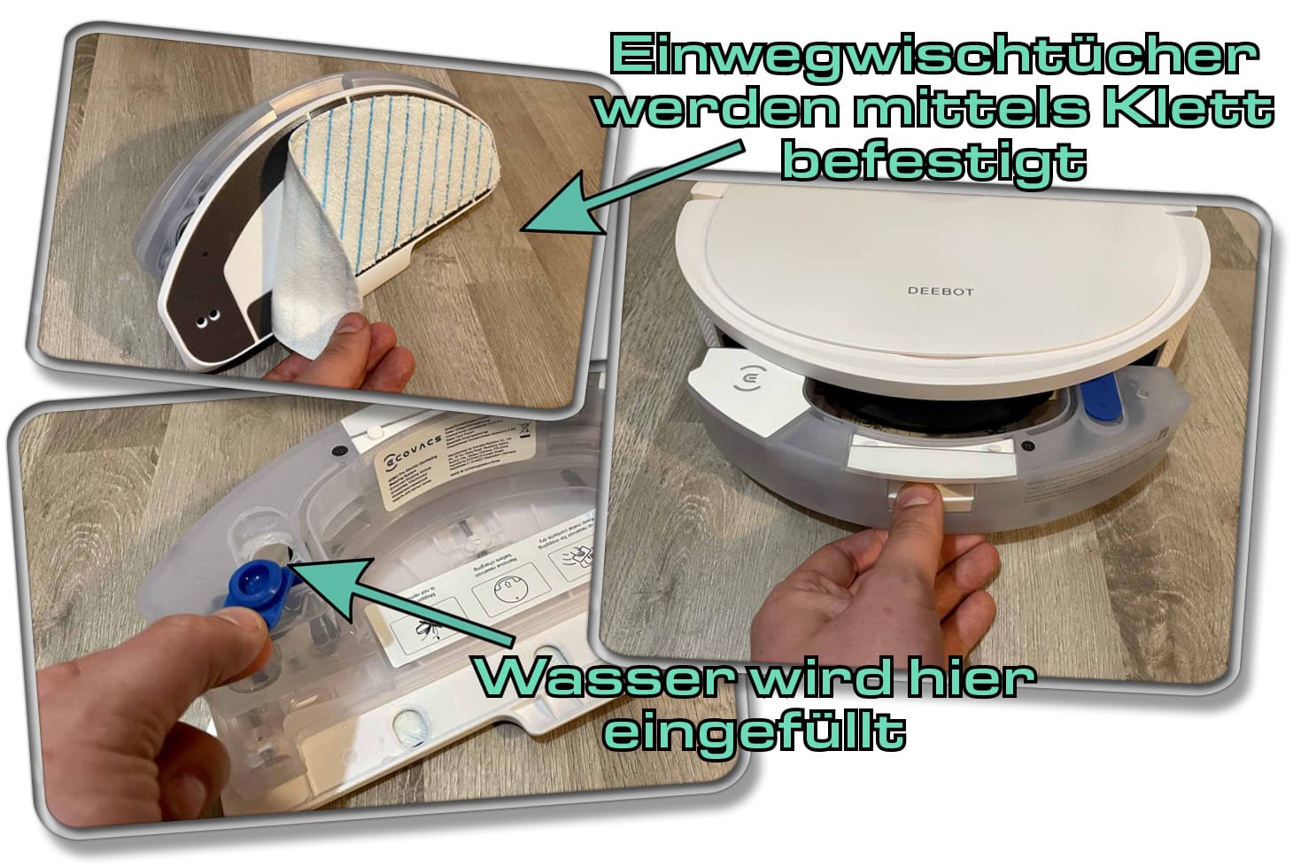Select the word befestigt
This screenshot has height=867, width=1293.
click(936, 162)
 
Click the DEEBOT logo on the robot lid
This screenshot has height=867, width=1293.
click(940, 290)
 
